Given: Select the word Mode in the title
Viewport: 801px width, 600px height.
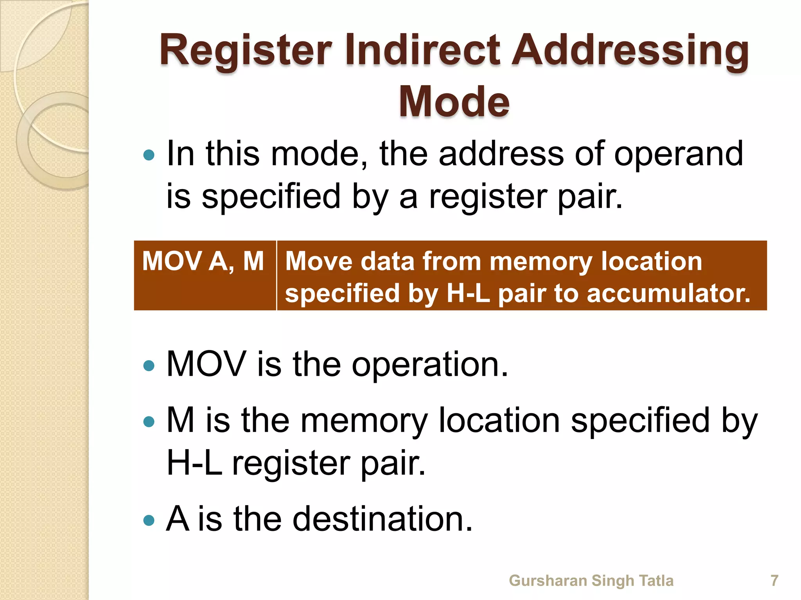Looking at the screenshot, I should [x=454, y=102].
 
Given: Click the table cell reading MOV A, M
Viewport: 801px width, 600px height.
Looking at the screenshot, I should [x=203, y=261].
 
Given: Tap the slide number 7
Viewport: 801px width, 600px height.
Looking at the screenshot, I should [x=774, y=580].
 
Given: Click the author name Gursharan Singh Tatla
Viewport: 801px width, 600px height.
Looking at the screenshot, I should [x=591, y=580].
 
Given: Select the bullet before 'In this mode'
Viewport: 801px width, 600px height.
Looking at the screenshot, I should [x=149, y=155].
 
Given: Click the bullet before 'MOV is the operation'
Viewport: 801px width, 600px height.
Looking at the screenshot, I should [x=149, y=366].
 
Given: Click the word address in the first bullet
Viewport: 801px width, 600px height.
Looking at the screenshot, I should [x=501, y=154].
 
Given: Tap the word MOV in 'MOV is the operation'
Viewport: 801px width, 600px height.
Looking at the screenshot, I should [x=206, y=364].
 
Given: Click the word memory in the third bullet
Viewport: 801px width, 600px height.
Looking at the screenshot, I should [x=364, y=421].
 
